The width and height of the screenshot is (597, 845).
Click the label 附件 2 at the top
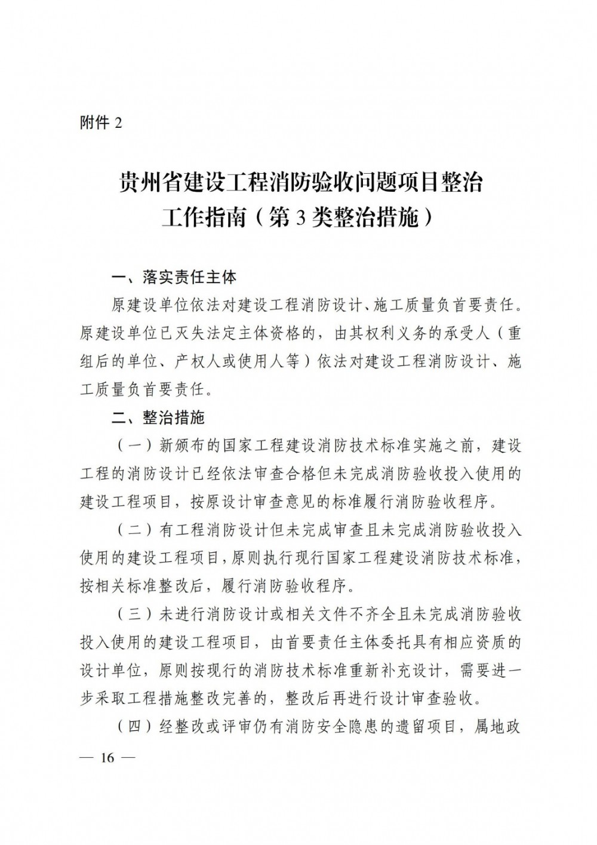coord(100,123)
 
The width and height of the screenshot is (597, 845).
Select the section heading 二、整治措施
coord(158,418)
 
